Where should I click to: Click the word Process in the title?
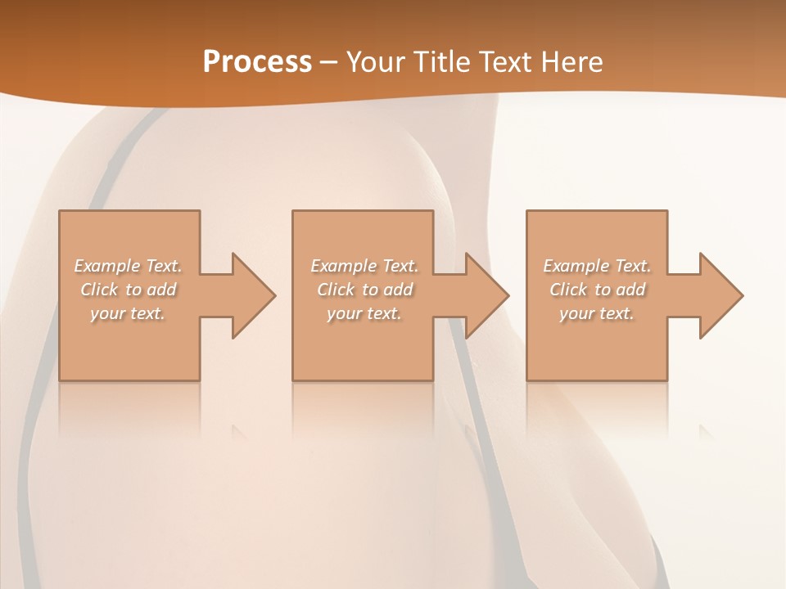257,62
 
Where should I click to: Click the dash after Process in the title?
329,63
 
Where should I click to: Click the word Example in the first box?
107,266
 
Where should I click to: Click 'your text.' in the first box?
128,313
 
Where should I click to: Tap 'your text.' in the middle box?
364,313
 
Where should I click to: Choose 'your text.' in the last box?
597,313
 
